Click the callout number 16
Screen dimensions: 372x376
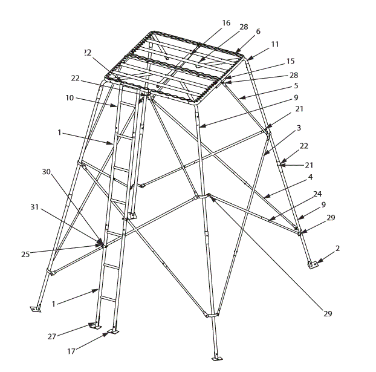tap(226, 23)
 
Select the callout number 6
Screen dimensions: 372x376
tap(258, 31)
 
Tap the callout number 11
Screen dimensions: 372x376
tap(274, 44)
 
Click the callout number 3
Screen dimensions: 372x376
tap(299, 129)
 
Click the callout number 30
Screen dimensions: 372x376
tap(45, 171)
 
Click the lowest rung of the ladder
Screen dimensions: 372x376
tap(107, 298)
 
